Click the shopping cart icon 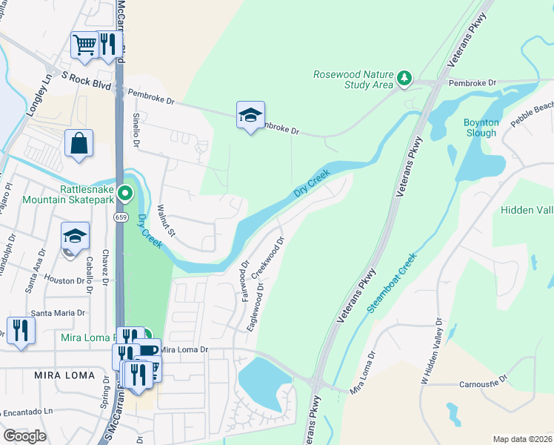point(84,44)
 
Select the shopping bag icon point(79,143)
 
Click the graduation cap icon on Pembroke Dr point(250,114)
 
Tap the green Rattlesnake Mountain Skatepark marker point(126,194)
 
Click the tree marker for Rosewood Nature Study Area point(404,77)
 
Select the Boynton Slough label point(481,127)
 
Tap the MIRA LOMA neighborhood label point(64,375)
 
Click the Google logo point(24,436)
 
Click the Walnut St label point(167,222)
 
